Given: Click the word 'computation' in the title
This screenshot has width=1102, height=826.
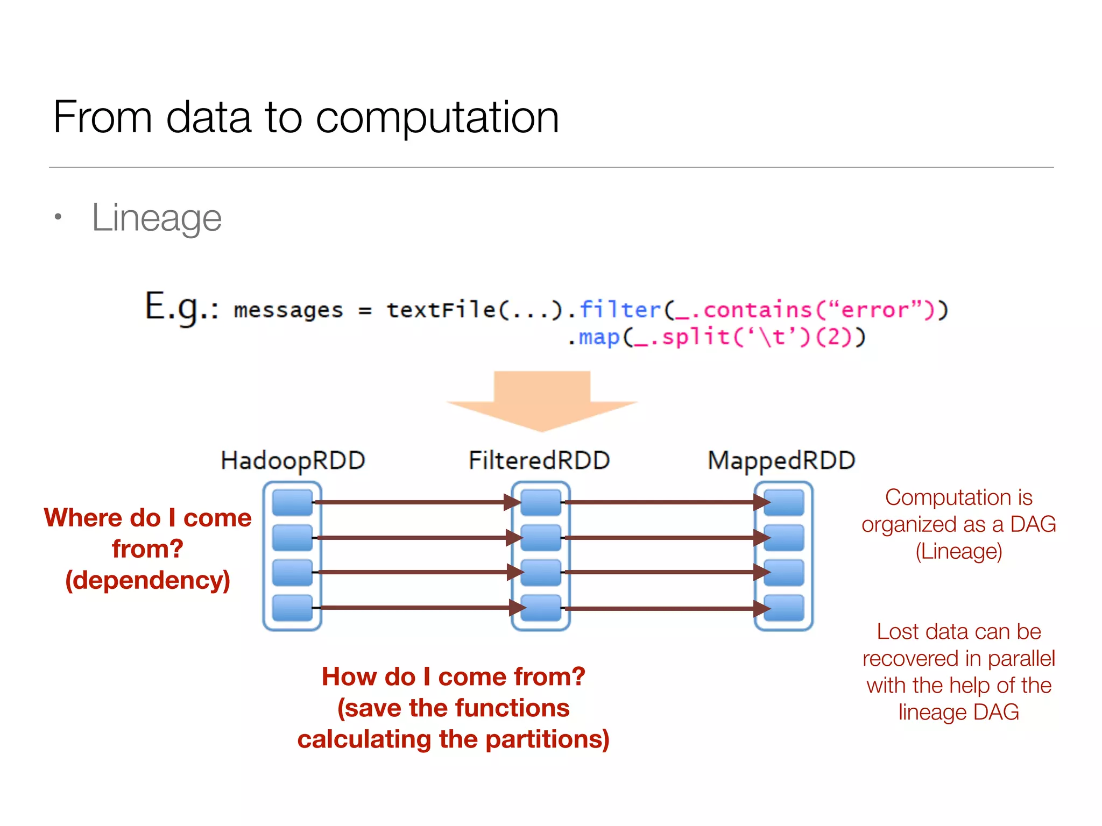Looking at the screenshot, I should [437, 118].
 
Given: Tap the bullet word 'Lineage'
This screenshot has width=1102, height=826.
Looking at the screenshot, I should [157, 218].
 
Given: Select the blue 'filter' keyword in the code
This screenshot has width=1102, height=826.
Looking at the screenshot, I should [620, 310].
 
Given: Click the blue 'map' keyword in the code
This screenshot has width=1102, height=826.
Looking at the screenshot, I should [599, 338].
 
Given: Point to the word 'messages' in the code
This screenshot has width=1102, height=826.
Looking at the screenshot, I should [288, 310].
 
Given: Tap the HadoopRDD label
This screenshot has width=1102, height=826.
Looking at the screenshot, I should [293, 461].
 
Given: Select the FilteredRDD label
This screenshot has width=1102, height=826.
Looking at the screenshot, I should [539, 461].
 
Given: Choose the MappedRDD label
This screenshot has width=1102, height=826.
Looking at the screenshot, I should [781, 461].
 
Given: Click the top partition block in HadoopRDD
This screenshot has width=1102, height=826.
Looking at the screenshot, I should [292, 502].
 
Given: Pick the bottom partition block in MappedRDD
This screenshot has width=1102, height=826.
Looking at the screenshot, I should [784, 608].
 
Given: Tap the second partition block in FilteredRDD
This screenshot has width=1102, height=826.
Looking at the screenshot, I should [541, 537].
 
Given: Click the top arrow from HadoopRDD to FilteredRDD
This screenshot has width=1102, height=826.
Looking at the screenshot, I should [414, 502].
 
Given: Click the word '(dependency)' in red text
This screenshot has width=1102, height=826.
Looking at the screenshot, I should [147, 580].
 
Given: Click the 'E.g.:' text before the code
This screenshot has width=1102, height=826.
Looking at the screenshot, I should [181, 308].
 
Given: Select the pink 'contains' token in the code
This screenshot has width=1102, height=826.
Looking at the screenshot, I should [757, 310].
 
